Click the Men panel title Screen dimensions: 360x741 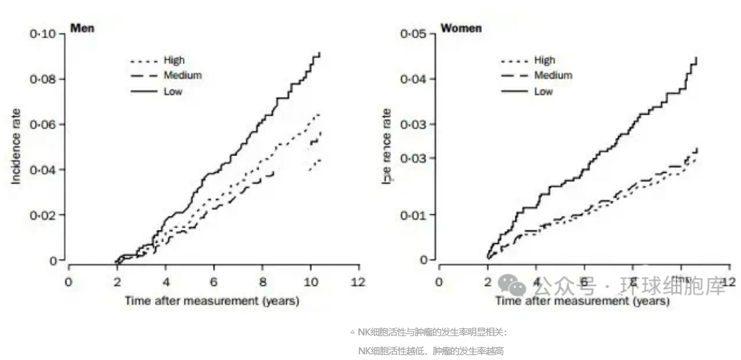point(82,29)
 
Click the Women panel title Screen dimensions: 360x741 point(461,29)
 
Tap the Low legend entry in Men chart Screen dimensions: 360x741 point(173,91)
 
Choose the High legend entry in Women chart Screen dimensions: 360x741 point(545,60)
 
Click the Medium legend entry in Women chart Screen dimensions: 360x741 point(553,75)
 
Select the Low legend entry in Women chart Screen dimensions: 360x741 point(543,91)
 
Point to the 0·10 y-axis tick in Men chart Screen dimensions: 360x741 point(43,34)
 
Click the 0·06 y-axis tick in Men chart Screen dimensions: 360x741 point(43,124)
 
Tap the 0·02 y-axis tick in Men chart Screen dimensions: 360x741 point(43,215)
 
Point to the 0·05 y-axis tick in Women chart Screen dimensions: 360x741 point(414,34)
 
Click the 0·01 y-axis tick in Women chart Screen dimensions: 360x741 point(414,214)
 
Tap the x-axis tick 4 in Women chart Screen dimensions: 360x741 point(535,282)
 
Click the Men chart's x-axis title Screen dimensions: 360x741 point(212,301)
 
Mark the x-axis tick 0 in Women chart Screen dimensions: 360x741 point(439,282)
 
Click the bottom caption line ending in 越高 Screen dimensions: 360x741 point(431,350)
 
